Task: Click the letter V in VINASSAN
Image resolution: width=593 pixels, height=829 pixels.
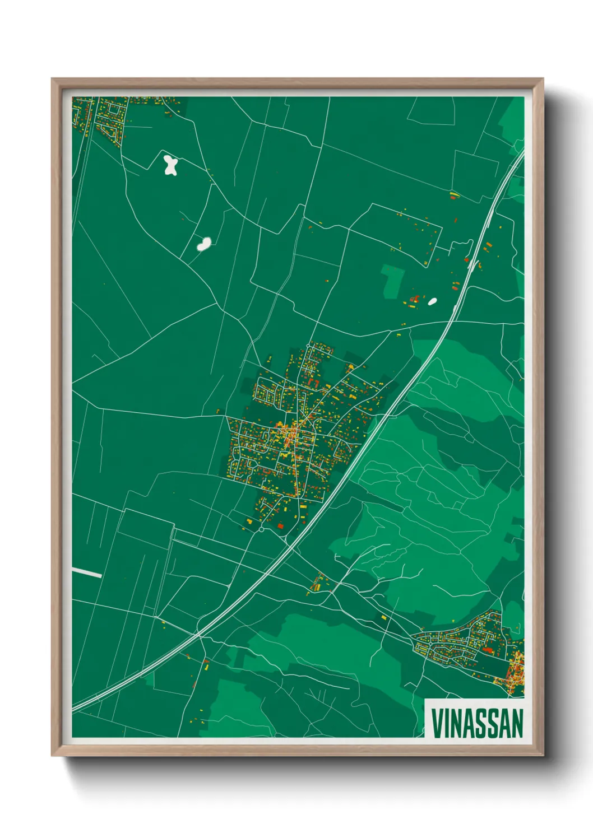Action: point(437,724)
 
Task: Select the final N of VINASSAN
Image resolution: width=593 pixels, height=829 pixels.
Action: point(516,724)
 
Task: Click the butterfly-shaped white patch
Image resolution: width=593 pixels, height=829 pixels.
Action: point(170,165)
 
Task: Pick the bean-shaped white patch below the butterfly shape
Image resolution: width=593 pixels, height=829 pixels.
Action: point(203,244)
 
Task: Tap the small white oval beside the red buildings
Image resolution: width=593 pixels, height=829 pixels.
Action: point(432,301)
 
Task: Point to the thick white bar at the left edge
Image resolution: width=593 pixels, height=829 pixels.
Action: point(87,572)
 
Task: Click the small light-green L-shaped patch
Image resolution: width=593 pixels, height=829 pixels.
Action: point(393,280)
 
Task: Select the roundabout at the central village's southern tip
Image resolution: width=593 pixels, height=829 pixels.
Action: point(261,529)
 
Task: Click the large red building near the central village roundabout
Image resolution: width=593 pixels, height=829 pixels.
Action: point(281,525)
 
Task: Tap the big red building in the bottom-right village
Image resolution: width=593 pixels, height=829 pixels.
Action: point(487,650)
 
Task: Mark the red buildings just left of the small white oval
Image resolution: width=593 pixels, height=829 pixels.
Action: point(414,300)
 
